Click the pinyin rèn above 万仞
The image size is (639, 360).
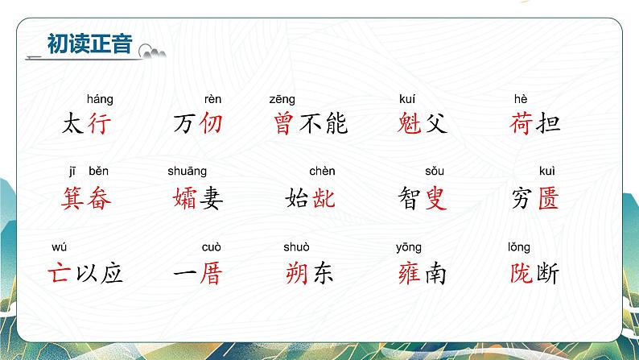212,100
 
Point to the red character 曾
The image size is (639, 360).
282,123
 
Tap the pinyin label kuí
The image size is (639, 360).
408,100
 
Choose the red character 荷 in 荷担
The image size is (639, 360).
521,123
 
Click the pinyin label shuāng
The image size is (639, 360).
187,171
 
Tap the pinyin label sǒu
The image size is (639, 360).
435,171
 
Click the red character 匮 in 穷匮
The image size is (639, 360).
547,197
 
